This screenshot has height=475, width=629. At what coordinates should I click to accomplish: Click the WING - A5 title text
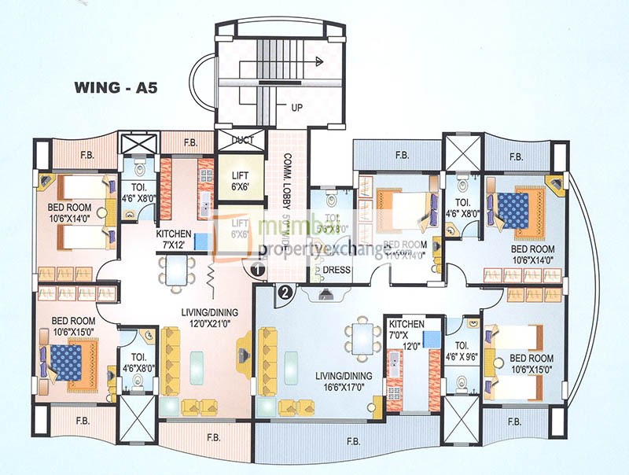(x=117, y=87)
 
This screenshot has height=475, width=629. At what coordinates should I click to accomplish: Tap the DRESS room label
(x=337, y=270)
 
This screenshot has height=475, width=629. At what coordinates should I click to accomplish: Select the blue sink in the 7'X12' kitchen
(x=200, y=241)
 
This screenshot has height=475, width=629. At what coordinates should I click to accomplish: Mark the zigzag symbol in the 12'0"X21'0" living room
(x=212, y=274)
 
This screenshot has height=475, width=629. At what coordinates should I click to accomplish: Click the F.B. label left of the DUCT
(x=190, y=143)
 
